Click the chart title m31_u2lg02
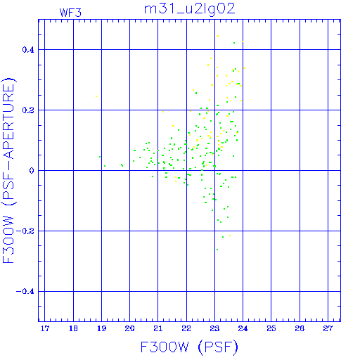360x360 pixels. tap(189, 10)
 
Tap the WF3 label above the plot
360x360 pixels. tap(70, 13)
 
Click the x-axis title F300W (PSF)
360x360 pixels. tap(189, 347)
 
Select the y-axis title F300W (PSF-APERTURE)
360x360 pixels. tap(8, 170)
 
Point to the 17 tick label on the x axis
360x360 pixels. tap(45, 328)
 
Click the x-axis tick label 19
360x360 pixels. tap(101, 328)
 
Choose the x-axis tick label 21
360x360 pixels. tap(158, 328)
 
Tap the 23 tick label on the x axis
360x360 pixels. tap(214, 328)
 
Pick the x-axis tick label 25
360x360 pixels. tap(271, 328)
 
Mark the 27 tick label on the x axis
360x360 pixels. tap(328, 328)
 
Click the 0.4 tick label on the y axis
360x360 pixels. tap(28, 49)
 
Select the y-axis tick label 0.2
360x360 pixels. tap(28, 110)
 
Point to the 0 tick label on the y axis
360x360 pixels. tap(32, 171)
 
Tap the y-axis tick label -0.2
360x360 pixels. tap(25, 231)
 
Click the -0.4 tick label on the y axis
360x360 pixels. tap(25, 292)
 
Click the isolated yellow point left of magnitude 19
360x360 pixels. tap(96, 96)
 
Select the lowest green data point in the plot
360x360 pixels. tap(217, 250)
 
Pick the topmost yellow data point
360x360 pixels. tap(217, 36)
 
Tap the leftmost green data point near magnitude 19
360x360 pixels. tap(100, 157)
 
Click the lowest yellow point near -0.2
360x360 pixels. tap(230, 236)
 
